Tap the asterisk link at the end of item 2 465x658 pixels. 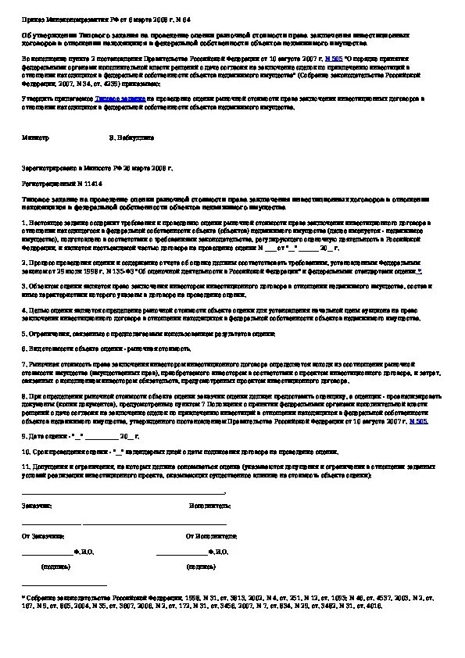[x=419, y=270]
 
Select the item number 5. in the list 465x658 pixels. [x=23, y=333]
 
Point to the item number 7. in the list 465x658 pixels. [x=23, y=363]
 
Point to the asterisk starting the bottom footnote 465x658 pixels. [x=23, y=596]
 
